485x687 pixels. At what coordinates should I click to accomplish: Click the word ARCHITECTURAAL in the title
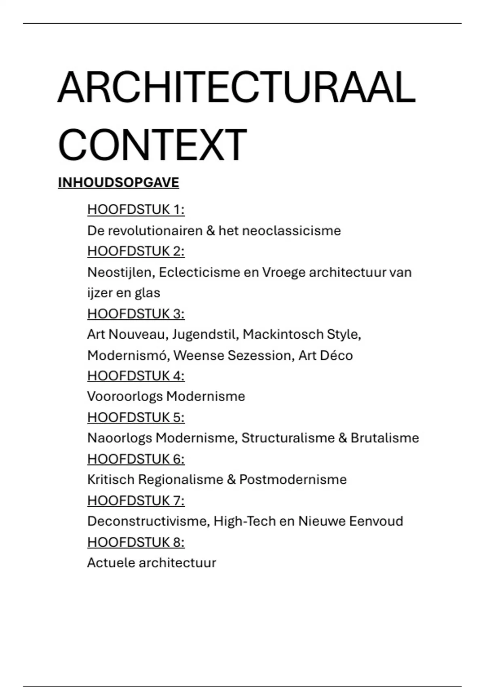pyautogui.click(x=236, y=88)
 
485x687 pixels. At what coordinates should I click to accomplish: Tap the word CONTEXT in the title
pyautogui.click(x=152, y=145)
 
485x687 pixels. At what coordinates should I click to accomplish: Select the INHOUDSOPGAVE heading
pyautogui.click(x=118, y=183)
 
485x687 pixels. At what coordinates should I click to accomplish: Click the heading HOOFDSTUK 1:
pyautogui.click(x=136, y=210)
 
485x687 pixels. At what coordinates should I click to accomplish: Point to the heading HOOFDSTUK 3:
pyautogui.click(x=136, y=314)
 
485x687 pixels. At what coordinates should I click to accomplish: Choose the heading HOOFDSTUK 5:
pyautogui.click(x=136, y=417)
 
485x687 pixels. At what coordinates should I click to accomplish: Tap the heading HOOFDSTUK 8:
pyautogui.click(x=136, y=542)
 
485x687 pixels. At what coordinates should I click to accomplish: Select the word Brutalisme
pyautogui.click(x=385, y=438)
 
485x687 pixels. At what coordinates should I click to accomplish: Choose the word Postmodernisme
pyautogui.click(x=293, y=480)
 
